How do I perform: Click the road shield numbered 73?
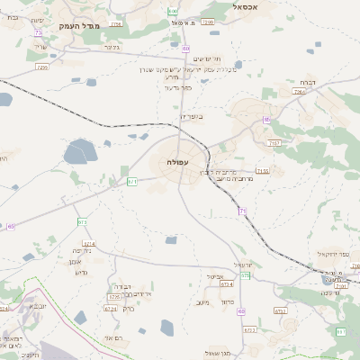coord(38,33)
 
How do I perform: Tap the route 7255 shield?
coord(42,67)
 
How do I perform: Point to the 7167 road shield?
coord(274,142)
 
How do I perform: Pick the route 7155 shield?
coord(262,170)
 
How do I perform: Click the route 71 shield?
coord(242,211)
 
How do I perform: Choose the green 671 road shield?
coord(132,182)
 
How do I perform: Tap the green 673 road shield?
coord(82,221)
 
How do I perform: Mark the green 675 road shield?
coord(246,300)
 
